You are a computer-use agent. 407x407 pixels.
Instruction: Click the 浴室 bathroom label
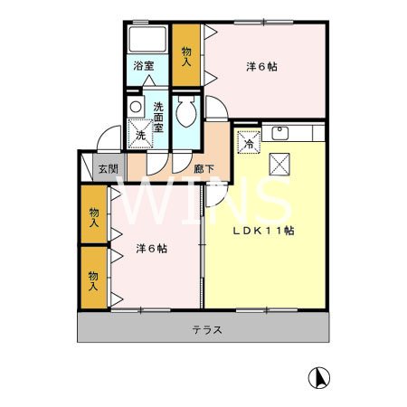point(144,66)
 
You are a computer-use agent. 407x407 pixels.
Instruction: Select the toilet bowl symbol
point(186,114)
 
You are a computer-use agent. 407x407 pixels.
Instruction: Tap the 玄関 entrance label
point(108,167)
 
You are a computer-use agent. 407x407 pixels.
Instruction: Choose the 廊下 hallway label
point(204,167)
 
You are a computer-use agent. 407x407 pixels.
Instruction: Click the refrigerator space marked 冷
point(249,141)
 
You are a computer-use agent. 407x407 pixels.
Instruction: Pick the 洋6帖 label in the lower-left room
point(151,248)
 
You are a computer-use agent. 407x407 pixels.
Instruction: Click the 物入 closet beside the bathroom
point(187,55)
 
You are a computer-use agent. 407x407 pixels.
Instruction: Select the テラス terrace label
point(206,330)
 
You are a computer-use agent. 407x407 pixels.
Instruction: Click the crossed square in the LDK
point(279,166)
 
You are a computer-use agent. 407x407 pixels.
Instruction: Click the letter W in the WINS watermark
point(149,203)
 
